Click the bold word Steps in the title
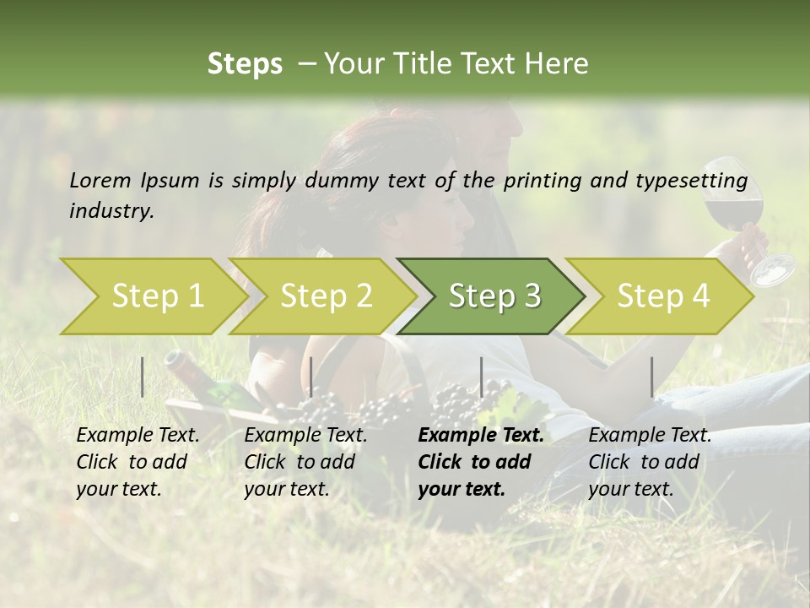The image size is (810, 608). [245, 63]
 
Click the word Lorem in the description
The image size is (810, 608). [100, 180]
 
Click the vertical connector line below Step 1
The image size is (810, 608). [143, 377]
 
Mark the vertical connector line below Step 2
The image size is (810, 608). [311, 377]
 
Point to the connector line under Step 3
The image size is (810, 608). [482, 377]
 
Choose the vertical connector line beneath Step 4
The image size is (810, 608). [652, 377]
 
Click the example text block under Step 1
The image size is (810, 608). [138, 462]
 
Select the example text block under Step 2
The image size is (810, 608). [305, 462]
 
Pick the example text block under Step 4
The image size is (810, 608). [650, 462]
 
